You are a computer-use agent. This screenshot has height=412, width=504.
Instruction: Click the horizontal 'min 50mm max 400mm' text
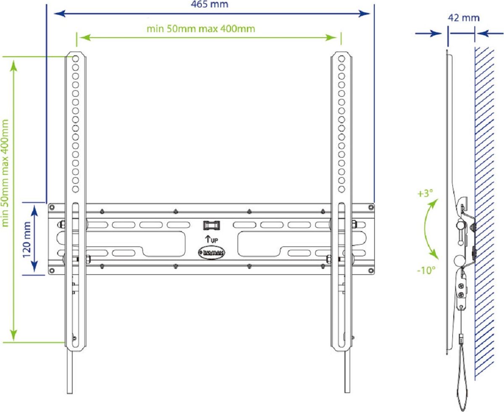pyautogui.click(x=201, y=29)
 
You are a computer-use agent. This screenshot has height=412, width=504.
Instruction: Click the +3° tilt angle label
pyautogui.click(x=425, y=194)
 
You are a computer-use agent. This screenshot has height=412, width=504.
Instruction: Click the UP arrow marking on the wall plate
pyautogui.click(x=211, y=240)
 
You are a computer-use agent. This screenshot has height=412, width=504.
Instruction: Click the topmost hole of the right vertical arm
pyautogui.click(x=341, y=57)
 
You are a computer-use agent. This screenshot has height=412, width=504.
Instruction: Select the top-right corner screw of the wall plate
pyautogui.click(x=370, y=207)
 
